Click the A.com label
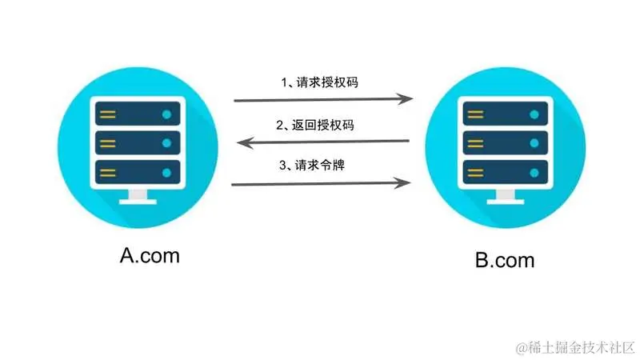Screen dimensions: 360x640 pyautogui.click(x=150, y=255)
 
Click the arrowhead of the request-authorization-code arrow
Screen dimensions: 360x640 pyautogui.click(x=407, y=100)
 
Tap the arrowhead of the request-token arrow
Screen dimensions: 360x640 pyautogui.click(x=407, y=183)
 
